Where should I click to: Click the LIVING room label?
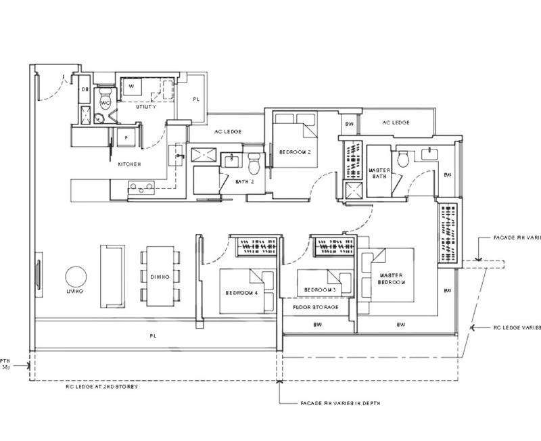click(75, 291)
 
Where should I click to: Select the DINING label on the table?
click(160, 276)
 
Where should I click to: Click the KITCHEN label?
click(129, 164)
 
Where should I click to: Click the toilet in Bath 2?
click(254, 164)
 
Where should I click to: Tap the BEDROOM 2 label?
click(295, 153)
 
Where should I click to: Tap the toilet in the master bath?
click(402, 160)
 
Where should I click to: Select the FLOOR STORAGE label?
click(315, 306)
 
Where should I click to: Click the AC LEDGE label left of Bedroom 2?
click(227, 131)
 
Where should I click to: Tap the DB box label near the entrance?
click(86, 89)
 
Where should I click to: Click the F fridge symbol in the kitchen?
click(126, 137)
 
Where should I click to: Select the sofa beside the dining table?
click(112, 275)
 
